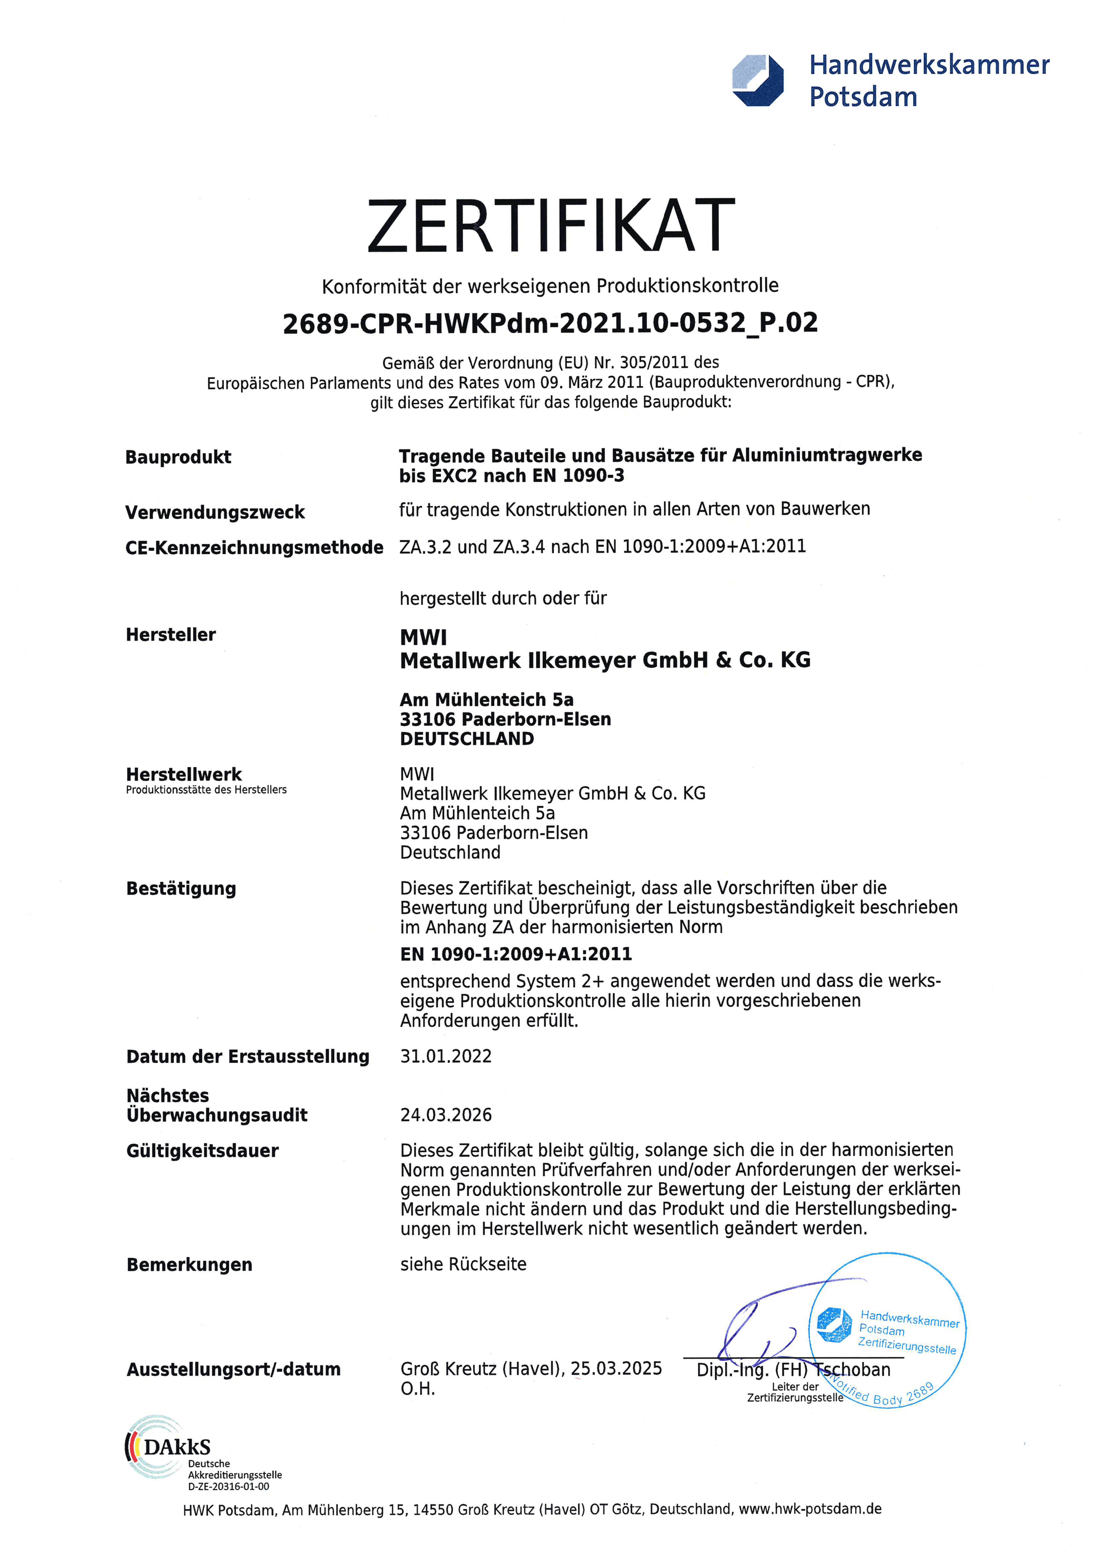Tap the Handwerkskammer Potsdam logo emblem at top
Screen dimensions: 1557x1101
coord(758,80)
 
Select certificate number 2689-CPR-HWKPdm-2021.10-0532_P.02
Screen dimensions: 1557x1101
coord(550,323)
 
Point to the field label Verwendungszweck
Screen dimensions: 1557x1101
coord(215,512)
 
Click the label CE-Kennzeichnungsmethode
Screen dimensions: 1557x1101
coord(254,547)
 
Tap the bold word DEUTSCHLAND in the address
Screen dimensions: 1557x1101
coord(467,739)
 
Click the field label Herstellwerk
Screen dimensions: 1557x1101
coord(184,774)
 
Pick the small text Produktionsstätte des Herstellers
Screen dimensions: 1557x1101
coord(206,790)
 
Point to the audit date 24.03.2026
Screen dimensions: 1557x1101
coord(446,1115)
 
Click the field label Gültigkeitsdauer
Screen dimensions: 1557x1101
coord(202,1152)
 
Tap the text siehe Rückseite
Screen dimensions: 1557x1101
coord(463,1265)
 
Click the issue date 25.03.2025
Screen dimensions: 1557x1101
coord(616,1369)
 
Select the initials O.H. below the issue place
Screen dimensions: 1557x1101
coord(417,1389)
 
